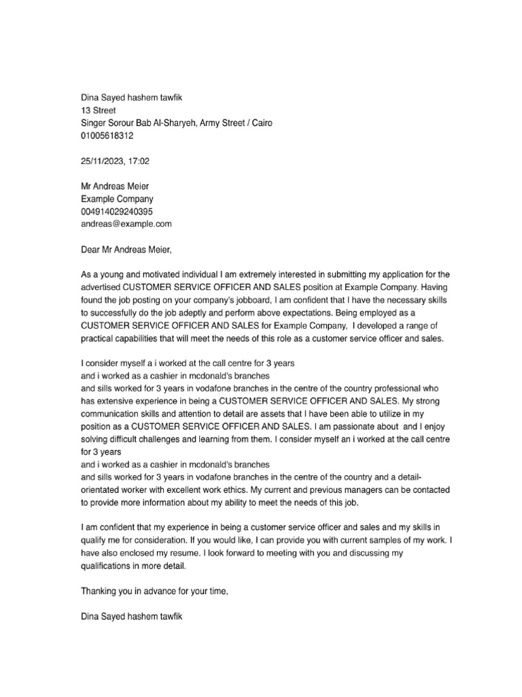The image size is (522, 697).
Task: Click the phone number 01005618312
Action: coord(107,135)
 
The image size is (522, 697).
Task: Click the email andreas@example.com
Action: coord(126,223)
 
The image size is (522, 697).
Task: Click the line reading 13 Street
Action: coord(99,110)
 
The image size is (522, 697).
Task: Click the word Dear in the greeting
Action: coord(92,249)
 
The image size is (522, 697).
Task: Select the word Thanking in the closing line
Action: coord(99,591)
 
